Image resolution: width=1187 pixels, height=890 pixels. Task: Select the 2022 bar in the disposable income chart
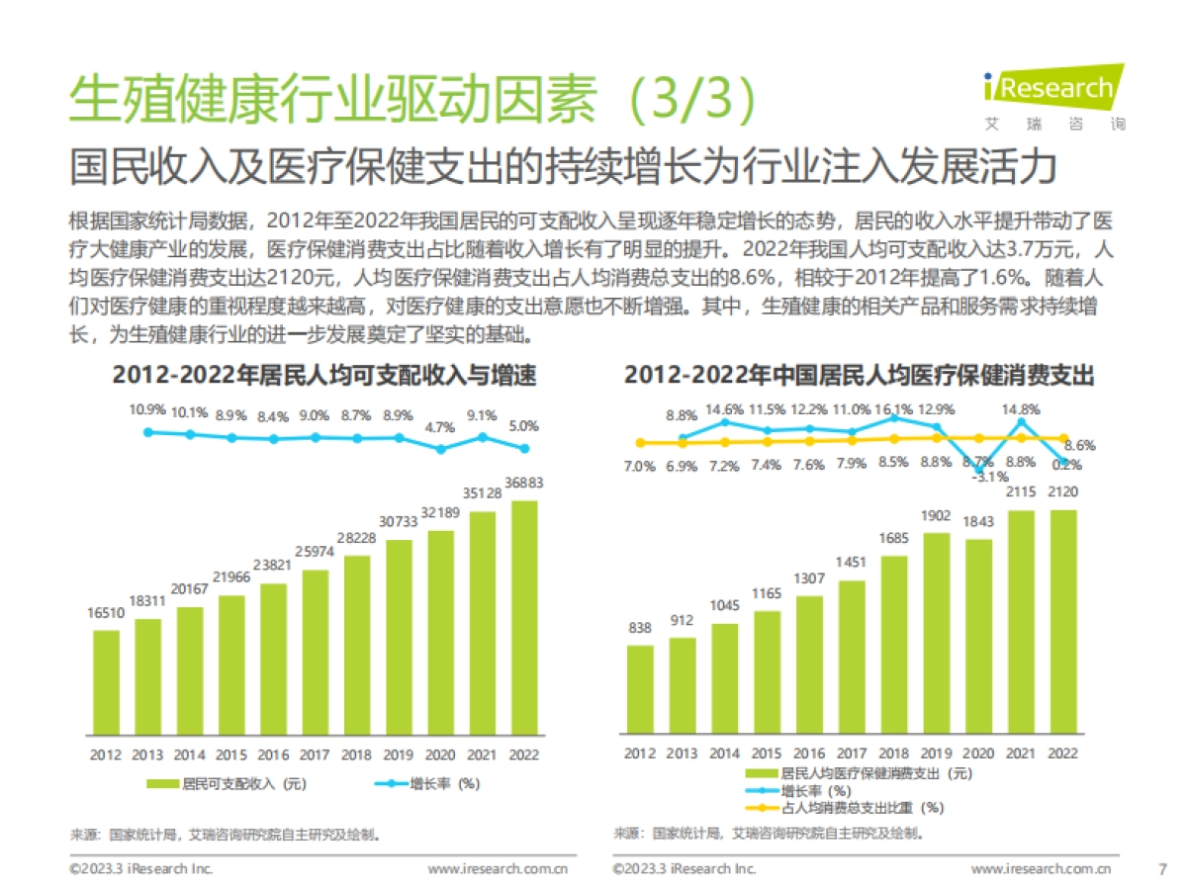coord(524,618)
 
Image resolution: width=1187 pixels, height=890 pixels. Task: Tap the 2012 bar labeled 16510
coord(106,682)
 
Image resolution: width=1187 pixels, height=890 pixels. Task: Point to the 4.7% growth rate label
coord(440,427)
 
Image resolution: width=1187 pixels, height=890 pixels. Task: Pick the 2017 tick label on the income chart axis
coord(315,755)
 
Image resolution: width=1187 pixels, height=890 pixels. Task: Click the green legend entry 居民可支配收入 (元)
coord(228,784)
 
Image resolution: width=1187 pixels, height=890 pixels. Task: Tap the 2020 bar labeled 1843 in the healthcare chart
coord(979,637)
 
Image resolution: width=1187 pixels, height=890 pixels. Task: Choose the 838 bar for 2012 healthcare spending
coord(640,690)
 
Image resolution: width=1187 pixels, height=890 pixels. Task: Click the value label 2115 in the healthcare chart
coord(1021,491)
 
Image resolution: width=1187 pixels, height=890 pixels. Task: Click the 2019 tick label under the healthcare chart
coord(937,753)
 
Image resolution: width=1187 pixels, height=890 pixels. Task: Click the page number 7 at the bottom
coord(1162,869)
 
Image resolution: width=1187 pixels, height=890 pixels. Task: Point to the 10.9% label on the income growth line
coord(147,409)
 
